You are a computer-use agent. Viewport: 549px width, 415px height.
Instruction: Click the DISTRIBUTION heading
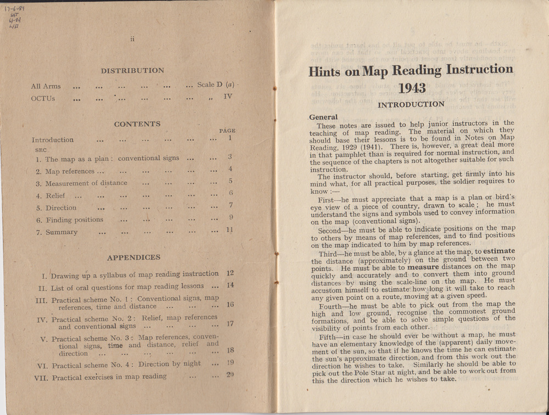tap(132, 70)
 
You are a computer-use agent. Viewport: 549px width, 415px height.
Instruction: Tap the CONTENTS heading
tap(137, 124)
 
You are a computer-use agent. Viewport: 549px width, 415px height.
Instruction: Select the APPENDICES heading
tap(133, 257)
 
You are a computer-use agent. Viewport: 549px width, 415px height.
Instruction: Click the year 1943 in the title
tap(411, 88)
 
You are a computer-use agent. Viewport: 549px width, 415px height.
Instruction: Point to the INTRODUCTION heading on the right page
tap(411, 104)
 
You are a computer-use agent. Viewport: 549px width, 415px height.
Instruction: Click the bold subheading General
tap(323, 117)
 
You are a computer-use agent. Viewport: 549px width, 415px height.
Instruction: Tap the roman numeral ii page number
tap(132, 39)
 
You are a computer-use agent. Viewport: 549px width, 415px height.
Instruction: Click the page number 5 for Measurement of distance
tap(231, 181)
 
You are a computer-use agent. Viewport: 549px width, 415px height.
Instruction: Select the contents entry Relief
tap(55, 196)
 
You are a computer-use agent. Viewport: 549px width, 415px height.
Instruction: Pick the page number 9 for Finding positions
tap(231, 217)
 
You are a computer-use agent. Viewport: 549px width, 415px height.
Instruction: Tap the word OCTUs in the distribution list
tap(43, 99)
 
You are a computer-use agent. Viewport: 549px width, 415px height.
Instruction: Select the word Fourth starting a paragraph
tap(332, 304)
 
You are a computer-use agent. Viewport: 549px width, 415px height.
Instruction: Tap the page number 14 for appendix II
tap(230, 285)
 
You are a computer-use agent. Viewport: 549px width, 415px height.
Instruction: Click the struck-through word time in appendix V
tap(116, 345)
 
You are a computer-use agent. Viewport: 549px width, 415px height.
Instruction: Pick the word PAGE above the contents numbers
tap(227, 131)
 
